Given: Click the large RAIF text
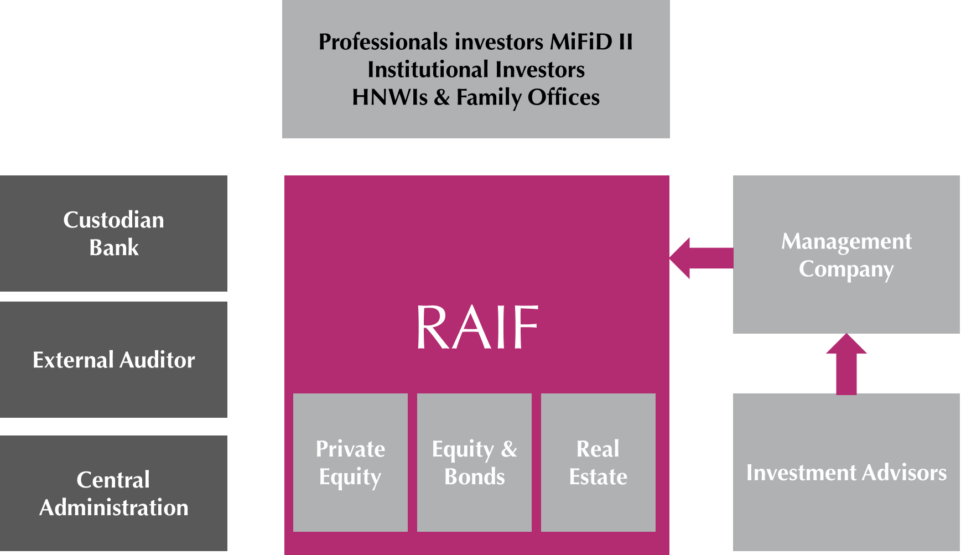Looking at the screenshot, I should pyautogui.click(x=477, y=328).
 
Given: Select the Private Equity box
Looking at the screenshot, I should pyautogui.click(x=350, y=463).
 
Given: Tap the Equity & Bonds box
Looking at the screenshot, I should pyautogui.click(x=474, y=463).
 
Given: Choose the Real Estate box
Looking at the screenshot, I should pyautogui.click(x=598, y=463).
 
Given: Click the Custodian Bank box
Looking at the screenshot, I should pyautogui.click(x=113, y=234).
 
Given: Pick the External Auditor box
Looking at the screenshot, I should pyautogui.click(x=113, y=360).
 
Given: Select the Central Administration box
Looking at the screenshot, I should pyautogui.click(x=113, y=493).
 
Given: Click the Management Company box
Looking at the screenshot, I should pyautogui.click(x=846, y=255).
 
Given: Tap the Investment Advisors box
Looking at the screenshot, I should pyautogui.click(x=846, y=472).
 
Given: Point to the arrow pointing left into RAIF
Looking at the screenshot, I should pyautogui.click(x=700, y=258).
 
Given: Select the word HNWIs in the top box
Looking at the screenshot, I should pyautogui.click(x=389, y=97).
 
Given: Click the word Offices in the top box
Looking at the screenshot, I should pyautogui.click(x=563, y=97).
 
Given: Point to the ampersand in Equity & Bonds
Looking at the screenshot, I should pyautogui.click(x=509, y=449).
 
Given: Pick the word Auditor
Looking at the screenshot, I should pyautogui.click(x=157, y=360).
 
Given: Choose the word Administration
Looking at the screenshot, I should pyautogui.click(x=113, y=507).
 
